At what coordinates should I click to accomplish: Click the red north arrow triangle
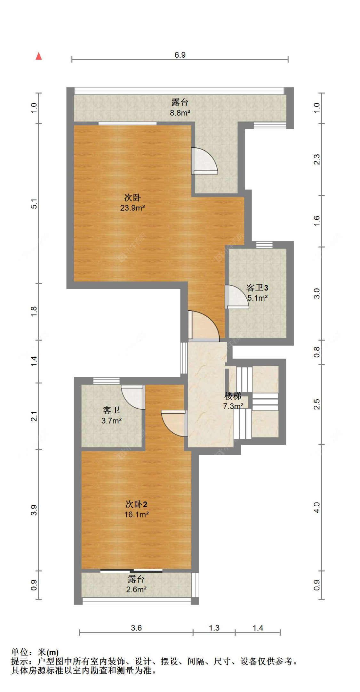pyautogui.click(x=39, y=56)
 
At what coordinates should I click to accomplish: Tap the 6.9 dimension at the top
pyautogui.click(x=180, y=55)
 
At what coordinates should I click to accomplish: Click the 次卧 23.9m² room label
pyautogui.click(x=132, y=202)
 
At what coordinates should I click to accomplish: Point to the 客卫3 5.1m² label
pyautogui.click(x=257, y=292)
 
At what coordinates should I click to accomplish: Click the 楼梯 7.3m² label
pyautogui.click(x=233, y=401)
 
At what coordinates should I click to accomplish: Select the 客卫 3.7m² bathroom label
pyautogui.click(x=111, y=415)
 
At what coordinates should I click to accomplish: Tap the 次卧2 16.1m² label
pyautogui.click(x=136, y=509)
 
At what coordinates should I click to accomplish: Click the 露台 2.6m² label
pyautogui.click(x=136, y=584)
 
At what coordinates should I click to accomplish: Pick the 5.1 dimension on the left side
pyautogui.click(x=34, y=204)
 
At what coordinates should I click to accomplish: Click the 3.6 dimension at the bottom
pyautogui.click(x=136, y=628)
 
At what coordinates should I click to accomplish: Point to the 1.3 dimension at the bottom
pyautogui.click(x=214, y=628)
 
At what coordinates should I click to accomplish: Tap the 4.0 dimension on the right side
pyautogui.click(x=316, y=508)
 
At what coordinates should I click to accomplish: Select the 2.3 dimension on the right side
pyautogui.click(x=316, y=159)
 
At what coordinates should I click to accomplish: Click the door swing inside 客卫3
pyautogui.click(x=236, y=297)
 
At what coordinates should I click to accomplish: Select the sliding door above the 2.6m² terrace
pyautogui.click(x=131, y=571)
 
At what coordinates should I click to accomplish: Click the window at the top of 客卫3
pyautogui.click(x=264, y=245)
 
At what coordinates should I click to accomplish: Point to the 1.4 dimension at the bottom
pyautogui.click(x=258, y=628)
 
